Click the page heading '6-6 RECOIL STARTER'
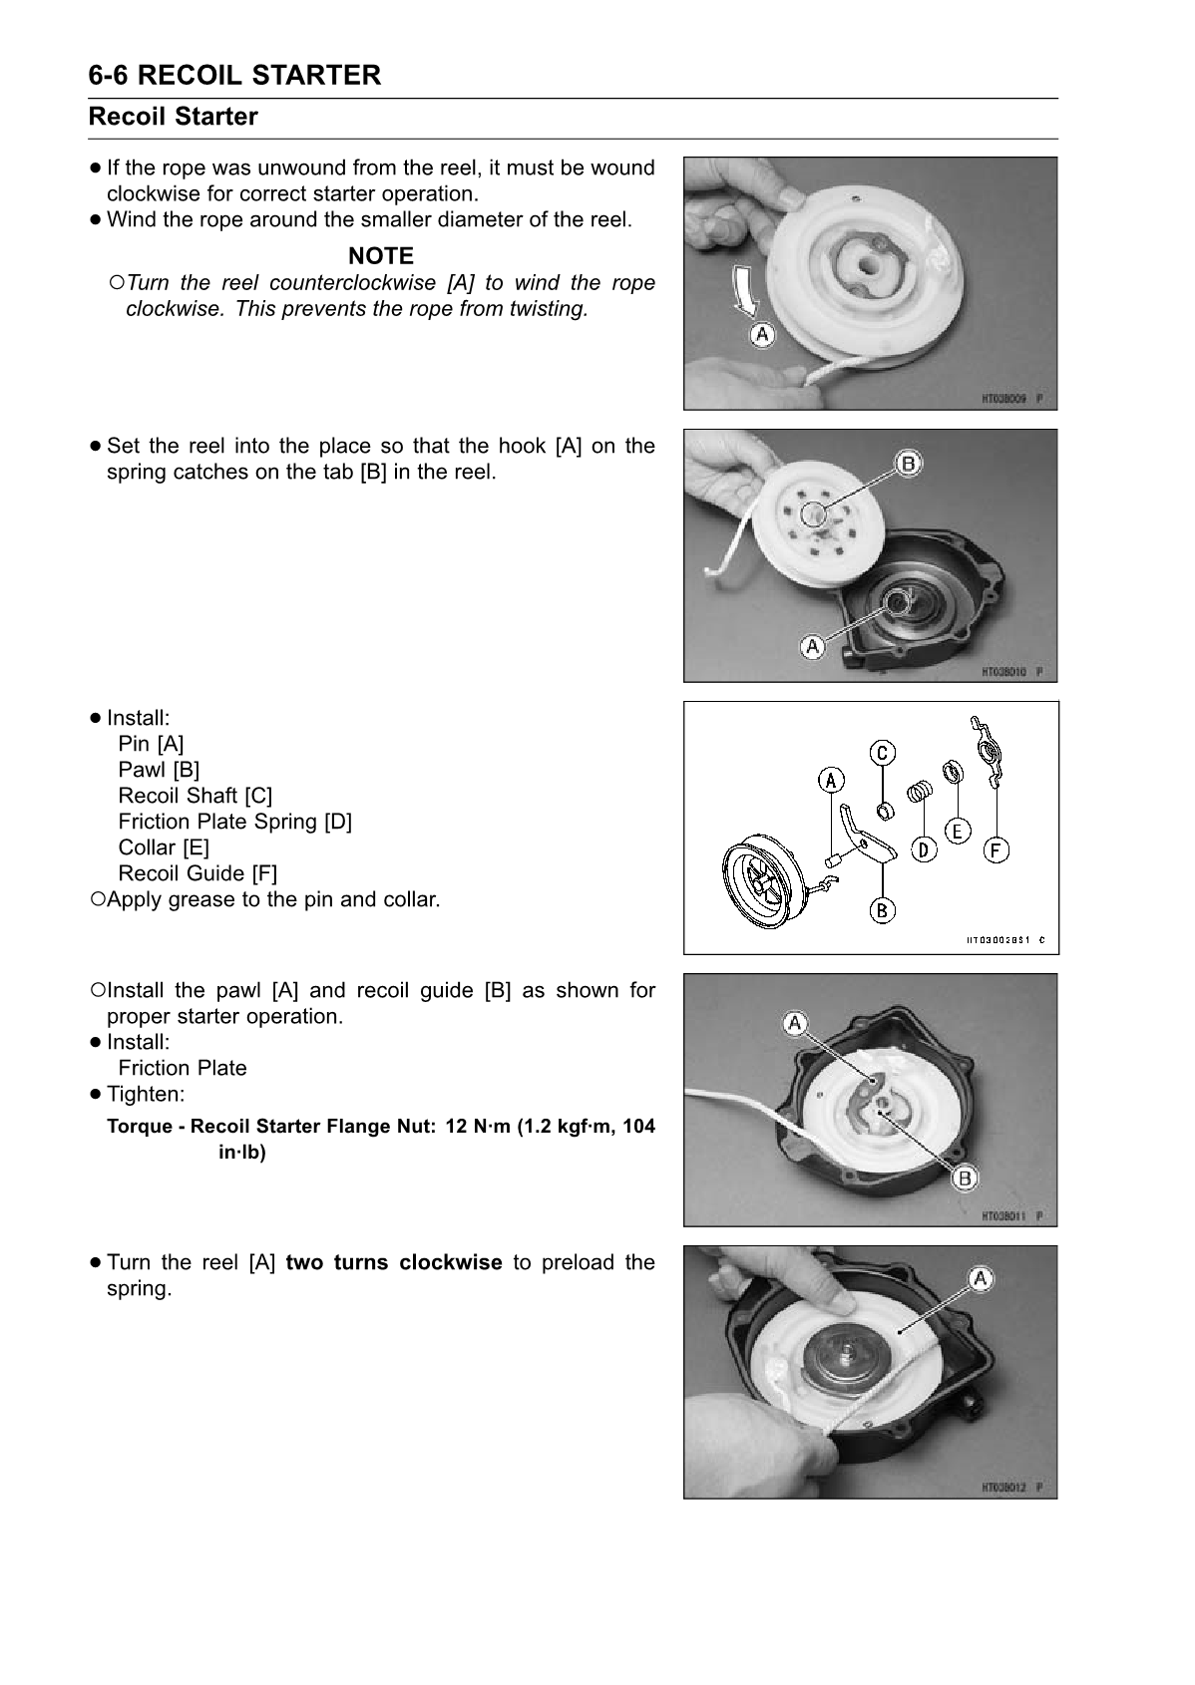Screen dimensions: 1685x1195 click(x=234, y=75)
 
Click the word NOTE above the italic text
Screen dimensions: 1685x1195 click(x=380, y=256)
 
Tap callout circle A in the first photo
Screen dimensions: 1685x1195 click(x=761, y=335)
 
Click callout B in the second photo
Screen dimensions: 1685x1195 click(x=909, y=463)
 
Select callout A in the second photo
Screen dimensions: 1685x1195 click(x=813, y=647)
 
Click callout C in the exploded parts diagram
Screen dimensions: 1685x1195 click(x=883, y=752)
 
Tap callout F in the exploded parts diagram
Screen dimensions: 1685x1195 click(x=996, y=849)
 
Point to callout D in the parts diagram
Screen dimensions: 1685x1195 click(x=925, y=849)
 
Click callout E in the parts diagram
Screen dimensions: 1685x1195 click(x=957, y=830)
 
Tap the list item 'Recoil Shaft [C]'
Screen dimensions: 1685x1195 click(x=195, y=796)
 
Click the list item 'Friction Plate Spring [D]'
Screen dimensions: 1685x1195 click(x=234, y=822)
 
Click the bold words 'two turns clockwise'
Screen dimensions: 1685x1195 click(x=394, y=1262)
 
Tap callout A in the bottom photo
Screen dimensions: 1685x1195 click(x=980, y=1278)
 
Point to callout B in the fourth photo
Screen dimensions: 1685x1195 click(x=965, y=1178)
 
